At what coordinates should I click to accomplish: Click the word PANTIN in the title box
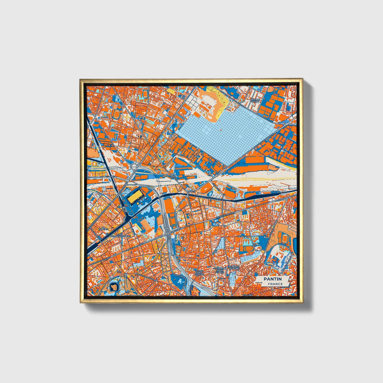pos(272,279)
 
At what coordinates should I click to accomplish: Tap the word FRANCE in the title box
pos(275,284)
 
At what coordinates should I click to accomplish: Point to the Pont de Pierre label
pos(256,100)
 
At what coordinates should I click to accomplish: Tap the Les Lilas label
pos(248,295)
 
